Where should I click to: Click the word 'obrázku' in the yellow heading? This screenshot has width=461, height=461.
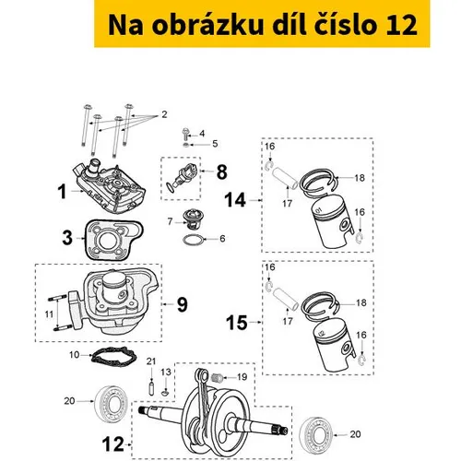207,25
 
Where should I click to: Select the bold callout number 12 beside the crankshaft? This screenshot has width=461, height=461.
112,444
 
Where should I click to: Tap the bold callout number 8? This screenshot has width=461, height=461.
222,171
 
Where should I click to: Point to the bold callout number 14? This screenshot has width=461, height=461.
235,200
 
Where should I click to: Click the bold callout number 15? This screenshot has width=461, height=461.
237,323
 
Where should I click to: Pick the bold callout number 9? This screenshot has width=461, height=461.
183,304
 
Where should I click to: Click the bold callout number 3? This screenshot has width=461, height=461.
67,238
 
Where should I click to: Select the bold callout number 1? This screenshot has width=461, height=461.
62,191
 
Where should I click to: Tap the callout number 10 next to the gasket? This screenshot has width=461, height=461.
75,355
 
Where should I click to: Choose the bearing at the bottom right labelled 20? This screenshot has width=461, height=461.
316,434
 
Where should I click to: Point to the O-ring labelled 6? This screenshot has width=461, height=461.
193,240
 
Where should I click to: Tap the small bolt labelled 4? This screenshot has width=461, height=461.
185,133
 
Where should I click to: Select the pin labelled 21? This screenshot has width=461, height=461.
151,389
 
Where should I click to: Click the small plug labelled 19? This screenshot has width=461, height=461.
218,377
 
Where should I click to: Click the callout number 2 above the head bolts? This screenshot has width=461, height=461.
164,114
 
